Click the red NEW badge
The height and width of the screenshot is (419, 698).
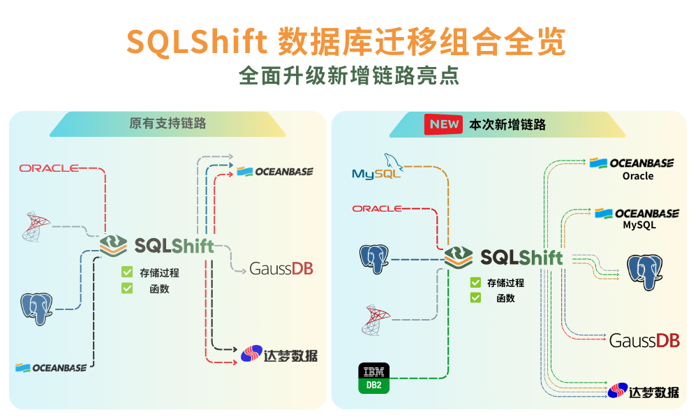(445, 124)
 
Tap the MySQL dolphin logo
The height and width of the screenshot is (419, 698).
(378, 167)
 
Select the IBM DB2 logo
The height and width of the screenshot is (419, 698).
(374, 378)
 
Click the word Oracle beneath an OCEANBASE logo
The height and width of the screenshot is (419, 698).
(638, 176)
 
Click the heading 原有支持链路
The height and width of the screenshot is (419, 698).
(168, 124)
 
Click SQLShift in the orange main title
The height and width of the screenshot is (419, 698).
(197, 43)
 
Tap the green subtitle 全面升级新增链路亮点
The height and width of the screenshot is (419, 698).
(349, 75)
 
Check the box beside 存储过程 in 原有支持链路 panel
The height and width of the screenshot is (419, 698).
(127, 272)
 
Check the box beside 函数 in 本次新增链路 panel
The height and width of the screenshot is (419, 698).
(475, 297)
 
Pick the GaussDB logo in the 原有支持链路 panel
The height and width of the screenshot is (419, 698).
(281, 269)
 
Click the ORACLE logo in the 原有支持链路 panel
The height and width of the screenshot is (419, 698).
(50, 168)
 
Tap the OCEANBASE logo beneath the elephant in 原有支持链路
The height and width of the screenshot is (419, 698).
(51, 367)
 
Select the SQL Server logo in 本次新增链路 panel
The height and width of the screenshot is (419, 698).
(375, 319)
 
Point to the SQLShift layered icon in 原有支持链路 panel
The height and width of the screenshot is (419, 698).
(113, 245)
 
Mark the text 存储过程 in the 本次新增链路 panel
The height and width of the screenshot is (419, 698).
(505, 283)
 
